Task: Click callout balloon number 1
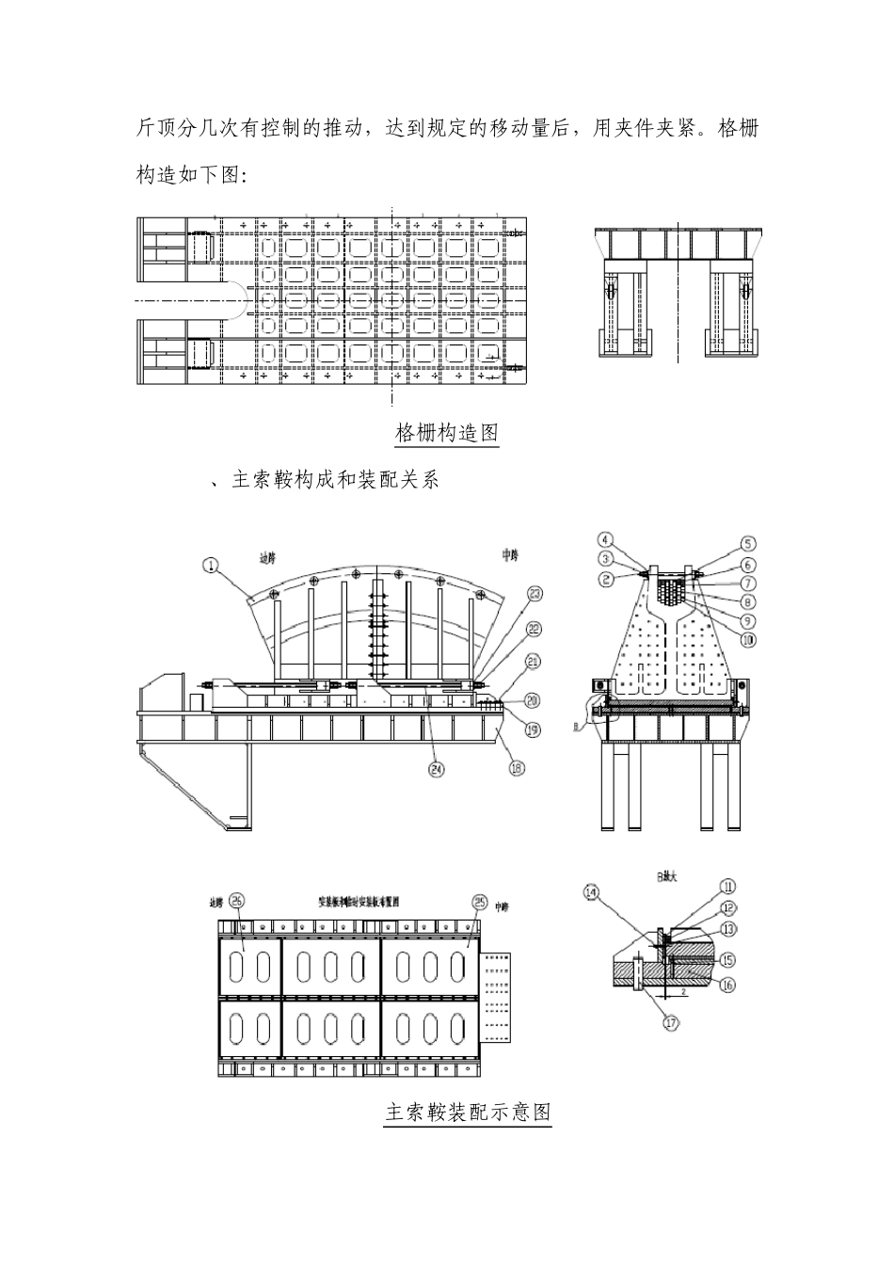pos(211,565)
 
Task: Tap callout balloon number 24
pos(437,769)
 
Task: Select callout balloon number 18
pos(517,769)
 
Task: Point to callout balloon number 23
pos(535,594)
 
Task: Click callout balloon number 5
pos(747,543)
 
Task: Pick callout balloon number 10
pos(748,639)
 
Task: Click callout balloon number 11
pos(728,886)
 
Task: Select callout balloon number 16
pos(728,985)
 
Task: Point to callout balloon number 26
pos(237,901)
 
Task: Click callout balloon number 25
pos(479,902)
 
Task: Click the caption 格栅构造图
pos(447,433)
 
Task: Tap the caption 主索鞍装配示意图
pos(468,1112)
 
